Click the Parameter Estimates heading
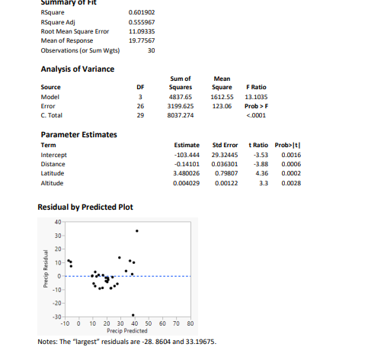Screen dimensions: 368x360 (78, 134)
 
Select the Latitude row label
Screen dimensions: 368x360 (52, 172)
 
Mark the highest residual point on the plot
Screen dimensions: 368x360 (137, 230)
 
